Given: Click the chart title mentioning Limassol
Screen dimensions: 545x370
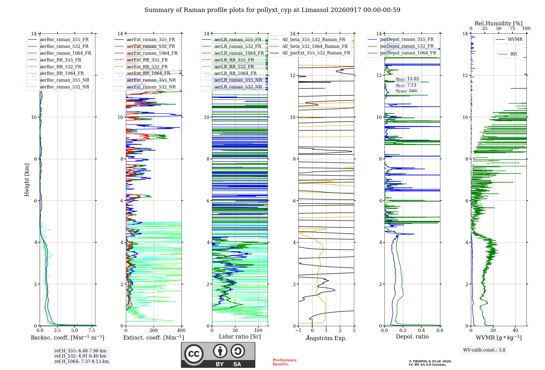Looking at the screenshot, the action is tap(272, 10).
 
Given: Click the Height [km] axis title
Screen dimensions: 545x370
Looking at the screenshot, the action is tap(27, 180).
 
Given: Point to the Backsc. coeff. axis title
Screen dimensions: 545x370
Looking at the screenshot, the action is tap(68, 338).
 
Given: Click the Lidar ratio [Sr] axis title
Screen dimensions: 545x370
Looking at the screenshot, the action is tap(240, 337).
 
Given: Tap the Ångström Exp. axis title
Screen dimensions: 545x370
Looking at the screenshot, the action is tap(326, 338).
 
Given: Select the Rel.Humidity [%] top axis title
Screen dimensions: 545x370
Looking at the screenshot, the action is tap(499, 23).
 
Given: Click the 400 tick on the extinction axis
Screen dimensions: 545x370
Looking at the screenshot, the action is tap(181, 331).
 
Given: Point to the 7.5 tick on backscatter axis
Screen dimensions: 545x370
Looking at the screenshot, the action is tap(92, 331).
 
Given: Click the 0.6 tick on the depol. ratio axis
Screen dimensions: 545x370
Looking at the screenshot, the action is tap(440, 331).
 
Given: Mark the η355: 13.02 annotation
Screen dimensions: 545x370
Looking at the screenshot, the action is tap(407, 79).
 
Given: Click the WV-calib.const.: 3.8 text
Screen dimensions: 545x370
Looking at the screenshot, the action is tap(484, 350).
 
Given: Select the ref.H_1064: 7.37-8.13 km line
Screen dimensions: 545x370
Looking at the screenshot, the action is tap(81, 362).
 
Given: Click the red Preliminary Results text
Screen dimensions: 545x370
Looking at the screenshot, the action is tap(285, 362).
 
